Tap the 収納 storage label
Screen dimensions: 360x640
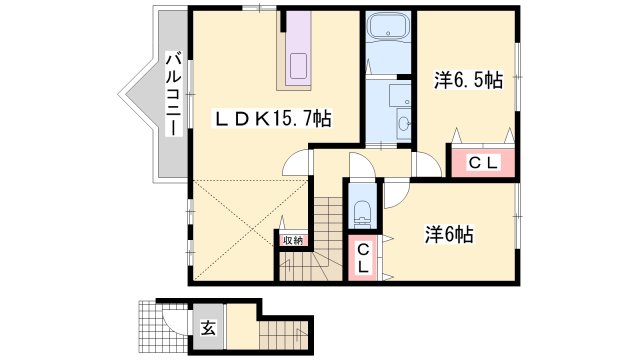tap(292, 240)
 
